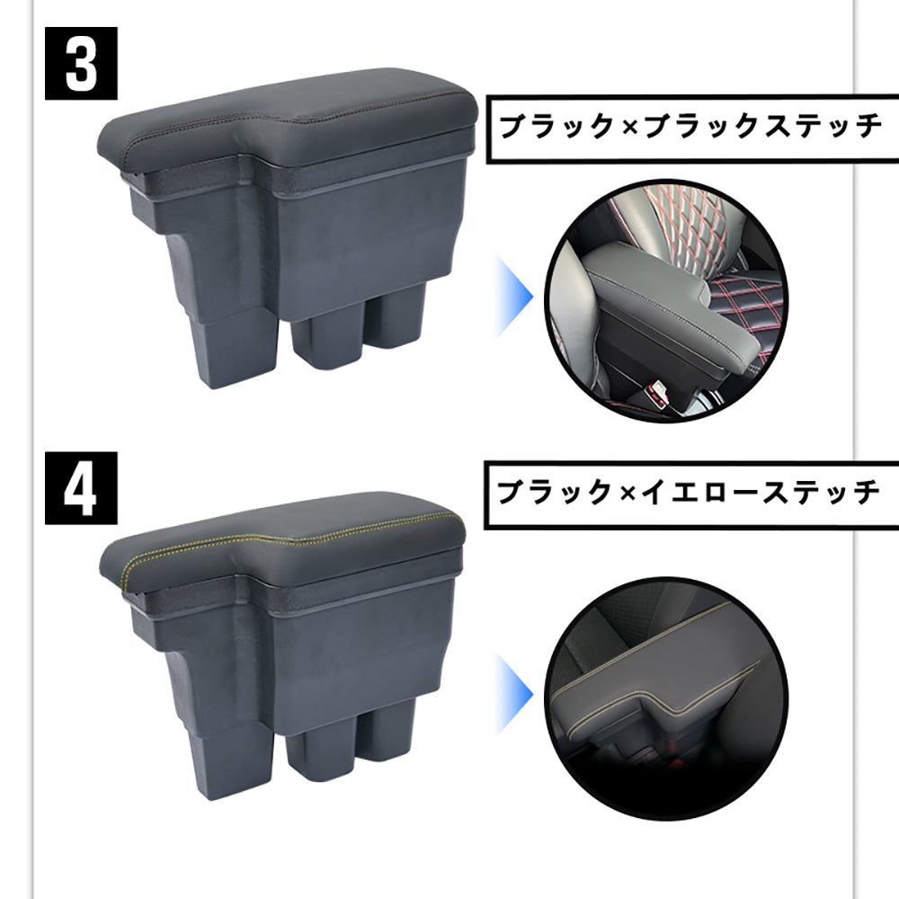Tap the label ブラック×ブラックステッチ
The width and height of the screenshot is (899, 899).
tap(690, 127)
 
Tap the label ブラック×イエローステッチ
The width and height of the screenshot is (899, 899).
tap(690, 493)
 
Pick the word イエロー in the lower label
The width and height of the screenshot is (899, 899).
tap(693, 493)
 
